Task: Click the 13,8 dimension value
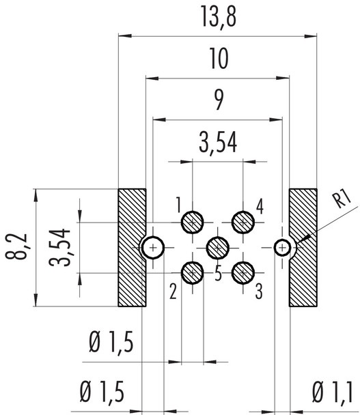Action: point(218,18)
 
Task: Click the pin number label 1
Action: point(177,204)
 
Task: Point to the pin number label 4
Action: point(260,204)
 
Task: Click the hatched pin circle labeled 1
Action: point(193,221)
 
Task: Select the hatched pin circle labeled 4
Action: point(243,221)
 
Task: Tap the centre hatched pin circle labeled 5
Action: point(218,246)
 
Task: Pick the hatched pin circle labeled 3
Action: point(243,272)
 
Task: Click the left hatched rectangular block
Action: point(131,246)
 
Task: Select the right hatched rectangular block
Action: point(304,246)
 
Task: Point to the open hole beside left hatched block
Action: point(152,246)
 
